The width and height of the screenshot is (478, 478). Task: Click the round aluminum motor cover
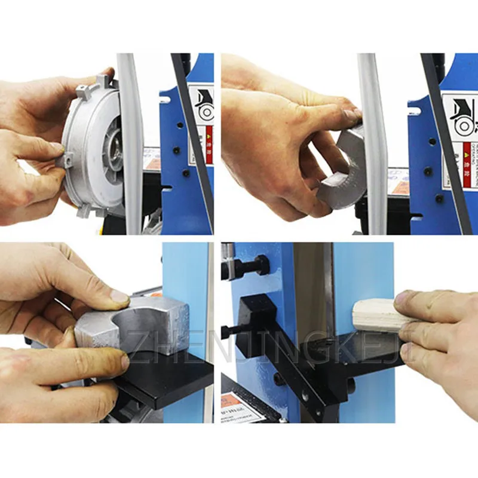click(96, 146)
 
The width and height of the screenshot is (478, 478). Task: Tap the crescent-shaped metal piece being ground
click(344, 170)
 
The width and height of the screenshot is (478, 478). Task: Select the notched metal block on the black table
click(134, 329)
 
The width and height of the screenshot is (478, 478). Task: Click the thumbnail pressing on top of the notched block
click(120, 296)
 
